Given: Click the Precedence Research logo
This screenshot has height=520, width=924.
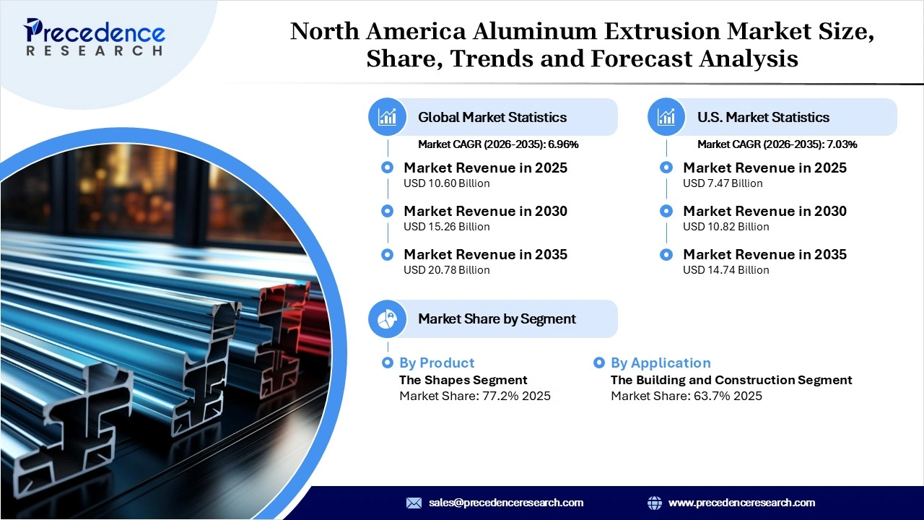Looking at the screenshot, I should (95, 36).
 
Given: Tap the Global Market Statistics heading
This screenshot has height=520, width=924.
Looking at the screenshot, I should (492, 117).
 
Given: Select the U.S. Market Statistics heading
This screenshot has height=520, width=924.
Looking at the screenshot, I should (763, 117).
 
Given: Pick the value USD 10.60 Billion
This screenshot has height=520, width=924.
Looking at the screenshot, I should (446, 183).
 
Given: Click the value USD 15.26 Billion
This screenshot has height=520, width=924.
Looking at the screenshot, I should (446, 227).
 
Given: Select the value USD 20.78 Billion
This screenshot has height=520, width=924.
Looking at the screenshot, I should (446, 270).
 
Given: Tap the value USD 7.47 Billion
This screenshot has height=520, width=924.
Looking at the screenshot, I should (723, 183).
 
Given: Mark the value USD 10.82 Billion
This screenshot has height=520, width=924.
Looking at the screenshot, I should (725, 227).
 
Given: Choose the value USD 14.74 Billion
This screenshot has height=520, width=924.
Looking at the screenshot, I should (725, 270).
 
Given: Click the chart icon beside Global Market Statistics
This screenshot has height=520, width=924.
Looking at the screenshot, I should (388, 117).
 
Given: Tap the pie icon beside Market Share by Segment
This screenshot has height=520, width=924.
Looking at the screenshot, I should (388, 318).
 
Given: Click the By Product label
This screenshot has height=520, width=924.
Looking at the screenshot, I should (437, 363).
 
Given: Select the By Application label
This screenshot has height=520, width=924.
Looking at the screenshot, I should (661, 363).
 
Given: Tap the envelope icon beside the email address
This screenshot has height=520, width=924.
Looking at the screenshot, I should (414, 503).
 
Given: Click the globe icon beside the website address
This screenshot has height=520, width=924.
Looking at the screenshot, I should (655, 503).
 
